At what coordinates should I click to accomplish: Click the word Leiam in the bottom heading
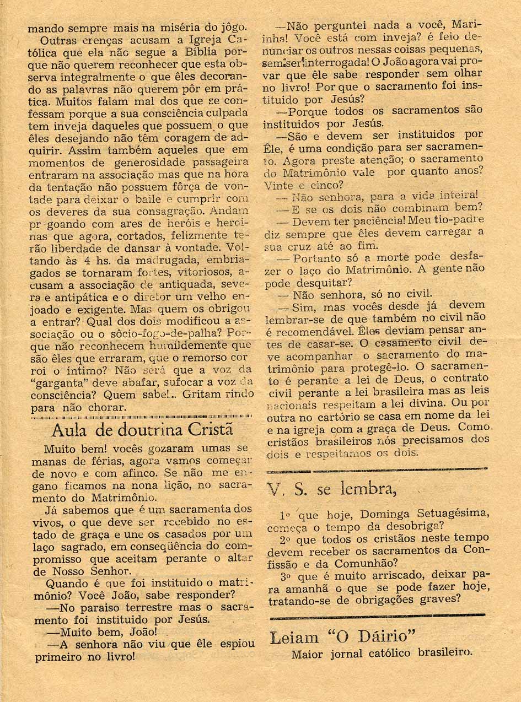pyautogui.click(x=294, y=638)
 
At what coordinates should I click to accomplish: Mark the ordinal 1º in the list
pyautogui.click(x=284, y=515)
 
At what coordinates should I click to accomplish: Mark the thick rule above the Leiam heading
pyautogui.click(x=377, y=615)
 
